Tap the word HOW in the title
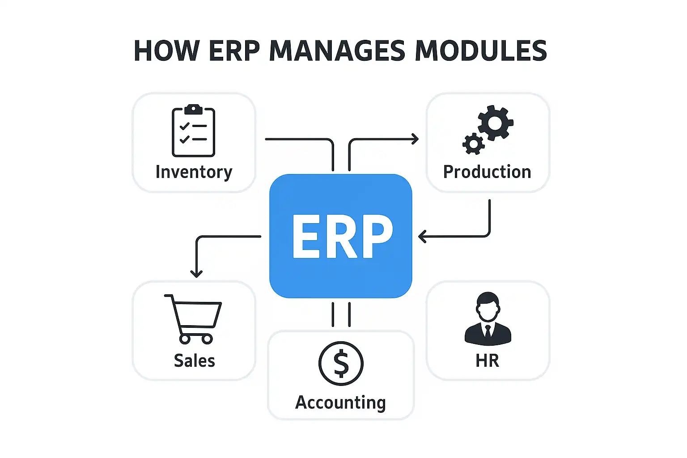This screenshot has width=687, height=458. tap(166, 51)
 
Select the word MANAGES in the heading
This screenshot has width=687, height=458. tap(337, 51)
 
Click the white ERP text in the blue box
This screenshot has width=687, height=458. tap(342, 236)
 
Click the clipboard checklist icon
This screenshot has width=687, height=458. tap(194, 131)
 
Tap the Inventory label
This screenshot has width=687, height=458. tap(194, 172)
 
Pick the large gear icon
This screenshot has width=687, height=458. tap(495, 122)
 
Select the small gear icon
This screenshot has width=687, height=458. tap(473, 144)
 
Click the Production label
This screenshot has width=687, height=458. tap(487, 172)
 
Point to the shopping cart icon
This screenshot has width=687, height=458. tap(194, 318)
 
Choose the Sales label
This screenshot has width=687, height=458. tap(194, 360)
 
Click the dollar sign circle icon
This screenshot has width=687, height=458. tap(341, 364)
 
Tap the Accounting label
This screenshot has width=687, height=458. tap(340, 403)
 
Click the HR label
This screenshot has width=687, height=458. tap(487, 360)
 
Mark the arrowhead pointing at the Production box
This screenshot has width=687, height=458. tap(416, 139)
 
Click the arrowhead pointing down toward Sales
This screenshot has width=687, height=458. tap(196, 273)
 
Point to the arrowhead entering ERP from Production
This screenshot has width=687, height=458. tap(422, 236)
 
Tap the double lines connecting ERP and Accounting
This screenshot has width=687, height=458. tap(341, 314)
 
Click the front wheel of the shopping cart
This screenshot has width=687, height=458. tap(207, 339)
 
